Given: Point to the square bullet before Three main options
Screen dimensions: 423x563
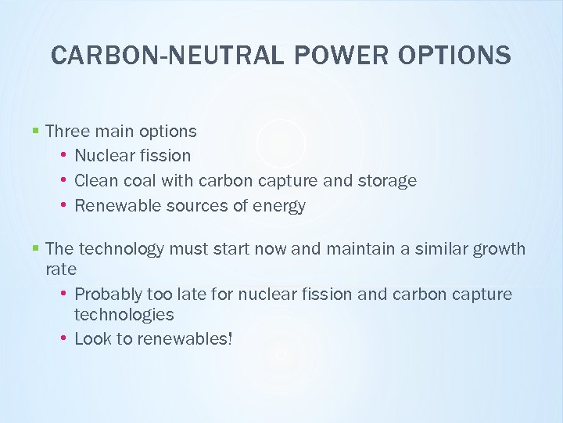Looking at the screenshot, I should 36,131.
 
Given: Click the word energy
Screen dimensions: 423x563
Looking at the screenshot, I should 280,206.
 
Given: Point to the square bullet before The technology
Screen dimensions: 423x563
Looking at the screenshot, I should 36,249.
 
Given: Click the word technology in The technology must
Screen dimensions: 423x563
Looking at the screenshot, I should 121,249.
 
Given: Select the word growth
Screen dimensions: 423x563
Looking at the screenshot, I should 500,249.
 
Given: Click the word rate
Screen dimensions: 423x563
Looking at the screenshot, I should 61,269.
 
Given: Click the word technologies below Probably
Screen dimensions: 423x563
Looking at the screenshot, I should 124,315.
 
